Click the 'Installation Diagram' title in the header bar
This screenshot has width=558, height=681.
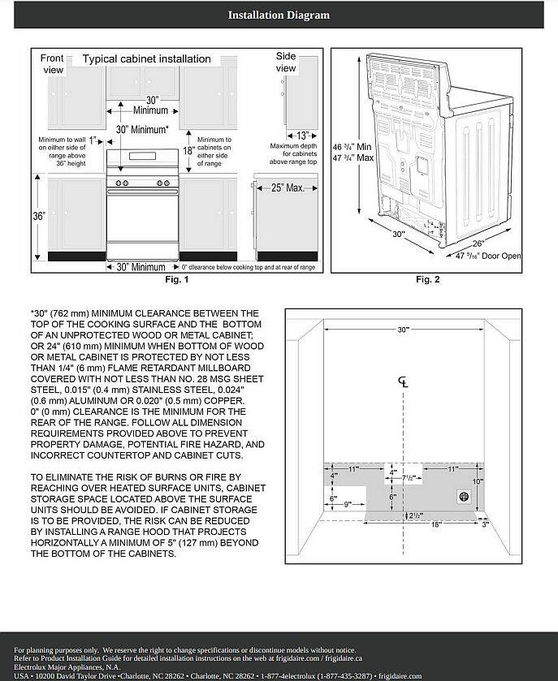(279, 15)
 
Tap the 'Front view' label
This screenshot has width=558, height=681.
(52, 64)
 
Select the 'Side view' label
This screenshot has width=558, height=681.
(286, 62)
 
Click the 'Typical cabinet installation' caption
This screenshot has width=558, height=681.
(146, 59)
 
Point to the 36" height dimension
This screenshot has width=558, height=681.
(38, 217)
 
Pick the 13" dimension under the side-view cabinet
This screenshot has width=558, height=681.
(302, 136)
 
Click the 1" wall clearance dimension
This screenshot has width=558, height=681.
(93, 139)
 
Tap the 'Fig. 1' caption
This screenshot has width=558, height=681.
(176, 280)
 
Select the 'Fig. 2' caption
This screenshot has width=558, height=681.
(427, 280)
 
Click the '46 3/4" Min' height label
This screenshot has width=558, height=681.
(353, 147)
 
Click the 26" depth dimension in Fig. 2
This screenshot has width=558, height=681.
(478, 244)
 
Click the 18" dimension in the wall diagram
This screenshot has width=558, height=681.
(436, 525)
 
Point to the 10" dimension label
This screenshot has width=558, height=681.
(478, 481)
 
